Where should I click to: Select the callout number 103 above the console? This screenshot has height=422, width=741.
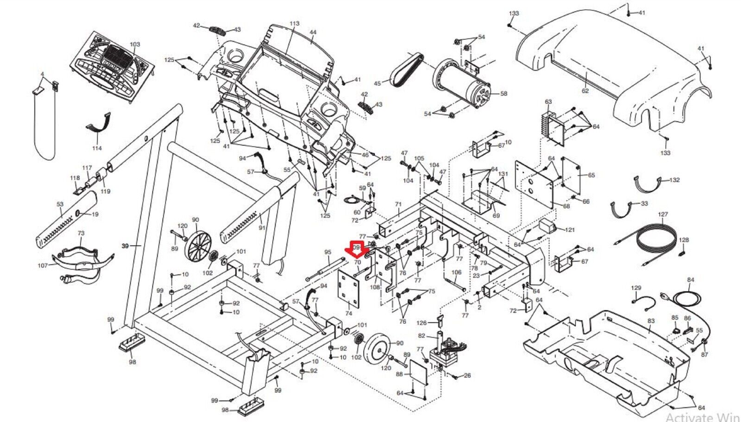(134, 45)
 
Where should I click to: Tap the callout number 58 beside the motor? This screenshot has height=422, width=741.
(503, 94)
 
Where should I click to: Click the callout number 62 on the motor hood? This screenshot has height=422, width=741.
(585, 91)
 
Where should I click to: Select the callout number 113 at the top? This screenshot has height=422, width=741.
(295, 24)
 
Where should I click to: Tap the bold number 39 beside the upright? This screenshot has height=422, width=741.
(125, 246)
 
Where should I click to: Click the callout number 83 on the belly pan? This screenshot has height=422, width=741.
(651, 321)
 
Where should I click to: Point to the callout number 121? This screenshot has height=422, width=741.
(570, 230)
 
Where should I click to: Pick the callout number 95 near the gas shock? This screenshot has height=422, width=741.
(328, 252)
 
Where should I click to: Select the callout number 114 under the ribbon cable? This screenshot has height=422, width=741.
(97, 148)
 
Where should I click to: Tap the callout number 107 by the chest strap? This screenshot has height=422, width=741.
(43, 266)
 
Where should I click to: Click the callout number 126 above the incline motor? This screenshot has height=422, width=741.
(421, 323)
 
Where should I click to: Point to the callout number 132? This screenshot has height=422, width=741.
(675, 180)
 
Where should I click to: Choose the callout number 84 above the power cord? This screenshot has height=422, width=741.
(691, 280)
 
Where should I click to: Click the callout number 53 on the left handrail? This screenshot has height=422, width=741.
(60, 204)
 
